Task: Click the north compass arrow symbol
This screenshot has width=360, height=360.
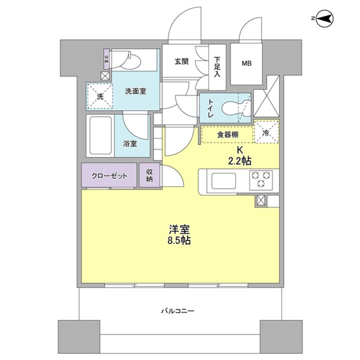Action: [x=324, y=19]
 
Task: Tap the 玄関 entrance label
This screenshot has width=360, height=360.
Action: [x=181, y=62]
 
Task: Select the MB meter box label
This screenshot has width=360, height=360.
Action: [x=247, y=63]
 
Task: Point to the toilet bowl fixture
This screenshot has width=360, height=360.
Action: [x=234, y=107]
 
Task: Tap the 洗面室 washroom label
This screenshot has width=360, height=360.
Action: [x=135, y=91]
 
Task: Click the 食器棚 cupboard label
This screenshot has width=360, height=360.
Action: [x=227, y=134]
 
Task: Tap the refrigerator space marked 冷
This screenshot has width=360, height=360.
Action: [x=266, y=132]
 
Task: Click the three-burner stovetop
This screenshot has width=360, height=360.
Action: [x=262, y=180]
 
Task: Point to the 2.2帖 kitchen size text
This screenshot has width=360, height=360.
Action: [x=240, y=161]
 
